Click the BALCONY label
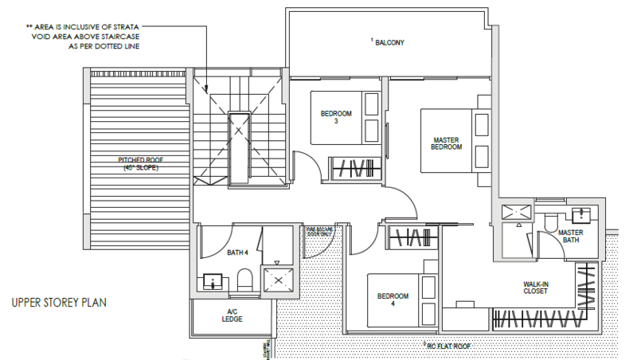coord(389,42)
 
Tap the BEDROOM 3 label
coord(335,117)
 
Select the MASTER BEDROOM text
coord(446,143)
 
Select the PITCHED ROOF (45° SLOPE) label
coord(138,162)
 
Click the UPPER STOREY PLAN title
coord(60,303)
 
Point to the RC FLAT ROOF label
coord(450,346)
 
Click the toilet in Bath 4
coord(245,279)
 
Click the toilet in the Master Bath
coord(551,224)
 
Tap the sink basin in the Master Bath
coord(580,213)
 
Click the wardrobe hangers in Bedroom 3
coord(351,169)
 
